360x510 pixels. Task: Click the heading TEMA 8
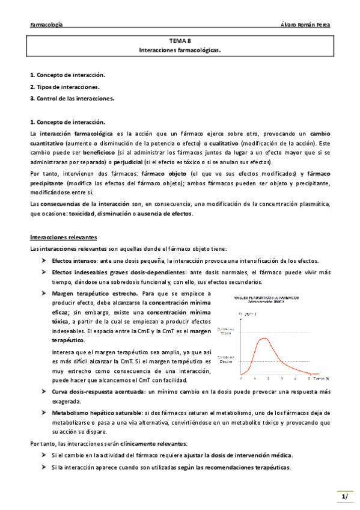click(x=180, y=41)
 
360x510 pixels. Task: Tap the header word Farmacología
click(x=47, y=25)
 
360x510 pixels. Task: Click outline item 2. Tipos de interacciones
click(x=65, y=87)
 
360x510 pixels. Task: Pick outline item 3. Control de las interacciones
click(x=72, y=98)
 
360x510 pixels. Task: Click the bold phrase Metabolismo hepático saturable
click(x=97, y=413)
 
